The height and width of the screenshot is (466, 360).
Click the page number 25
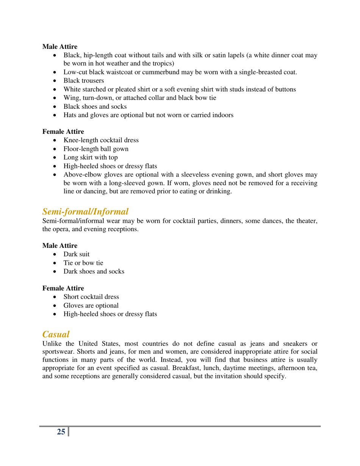(61, 432)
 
